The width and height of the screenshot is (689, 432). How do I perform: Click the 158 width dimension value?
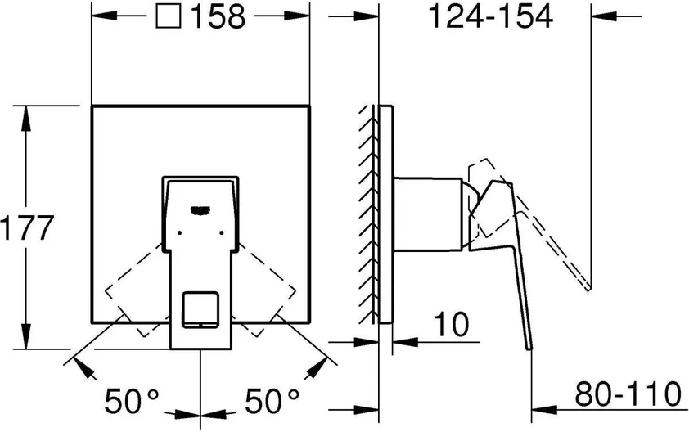[218, 16]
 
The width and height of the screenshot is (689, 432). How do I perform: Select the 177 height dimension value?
[27, 227]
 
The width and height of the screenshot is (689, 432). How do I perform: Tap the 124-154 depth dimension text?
[490, 16]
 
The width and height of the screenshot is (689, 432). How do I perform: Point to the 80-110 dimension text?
[628, 394]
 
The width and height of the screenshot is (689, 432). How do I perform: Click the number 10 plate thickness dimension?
[451, 324]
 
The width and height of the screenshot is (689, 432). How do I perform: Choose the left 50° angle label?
[132, 401]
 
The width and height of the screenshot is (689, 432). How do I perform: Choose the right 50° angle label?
[272, 401]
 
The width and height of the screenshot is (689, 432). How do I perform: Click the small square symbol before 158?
[169, 16]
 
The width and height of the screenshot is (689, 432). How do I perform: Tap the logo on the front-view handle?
[200, 210]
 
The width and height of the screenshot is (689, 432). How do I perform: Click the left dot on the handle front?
[179, 232]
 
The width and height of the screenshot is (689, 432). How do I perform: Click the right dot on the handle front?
[222, 232]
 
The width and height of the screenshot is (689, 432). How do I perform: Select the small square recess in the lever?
[200, 309]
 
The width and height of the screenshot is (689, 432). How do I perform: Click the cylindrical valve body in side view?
[427, 214]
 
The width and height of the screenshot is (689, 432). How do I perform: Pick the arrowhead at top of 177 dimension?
[25, 118]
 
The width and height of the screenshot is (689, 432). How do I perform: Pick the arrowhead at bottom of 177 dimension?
[25, 336]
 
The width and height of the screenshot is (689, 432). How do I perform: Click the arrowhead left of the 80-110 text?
[544, 410]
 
